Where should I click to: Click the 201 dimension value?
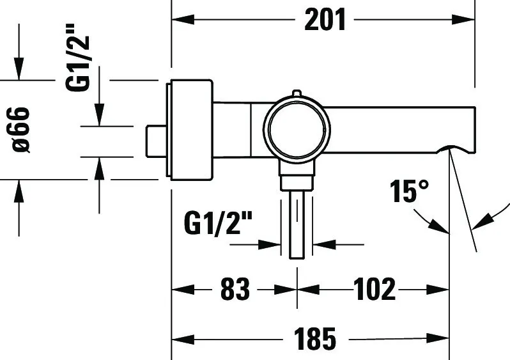click(325, 20)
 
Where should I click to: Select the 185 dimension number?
click(314, 339)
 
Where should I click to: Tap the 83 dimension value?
click(235, 289)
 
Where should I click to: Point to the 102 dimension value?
click(375, 289)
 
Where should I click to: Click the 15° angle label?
click(410, 191)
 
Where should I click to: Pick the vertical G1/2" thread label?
click(77, 58)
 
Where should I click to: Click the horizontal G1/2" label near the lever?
click(218, 223)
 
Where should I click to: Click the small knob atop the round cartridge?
click(297, 93)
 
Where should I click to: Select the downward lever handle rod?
click(297, 224)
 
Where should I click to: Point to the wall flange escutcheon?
click(190, 130)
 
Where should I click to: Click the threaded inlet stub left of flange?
click(156, 141)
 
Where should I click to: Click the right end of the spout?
click(475, 130)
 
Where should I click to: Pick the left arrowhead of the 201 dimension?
click(183, 20)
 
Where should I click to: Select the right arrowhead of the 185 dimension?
click(438, 339)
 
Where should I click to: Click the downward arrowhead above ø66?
click(19, 68)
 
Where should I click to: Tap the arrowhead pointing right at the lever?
click(269, 244)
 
